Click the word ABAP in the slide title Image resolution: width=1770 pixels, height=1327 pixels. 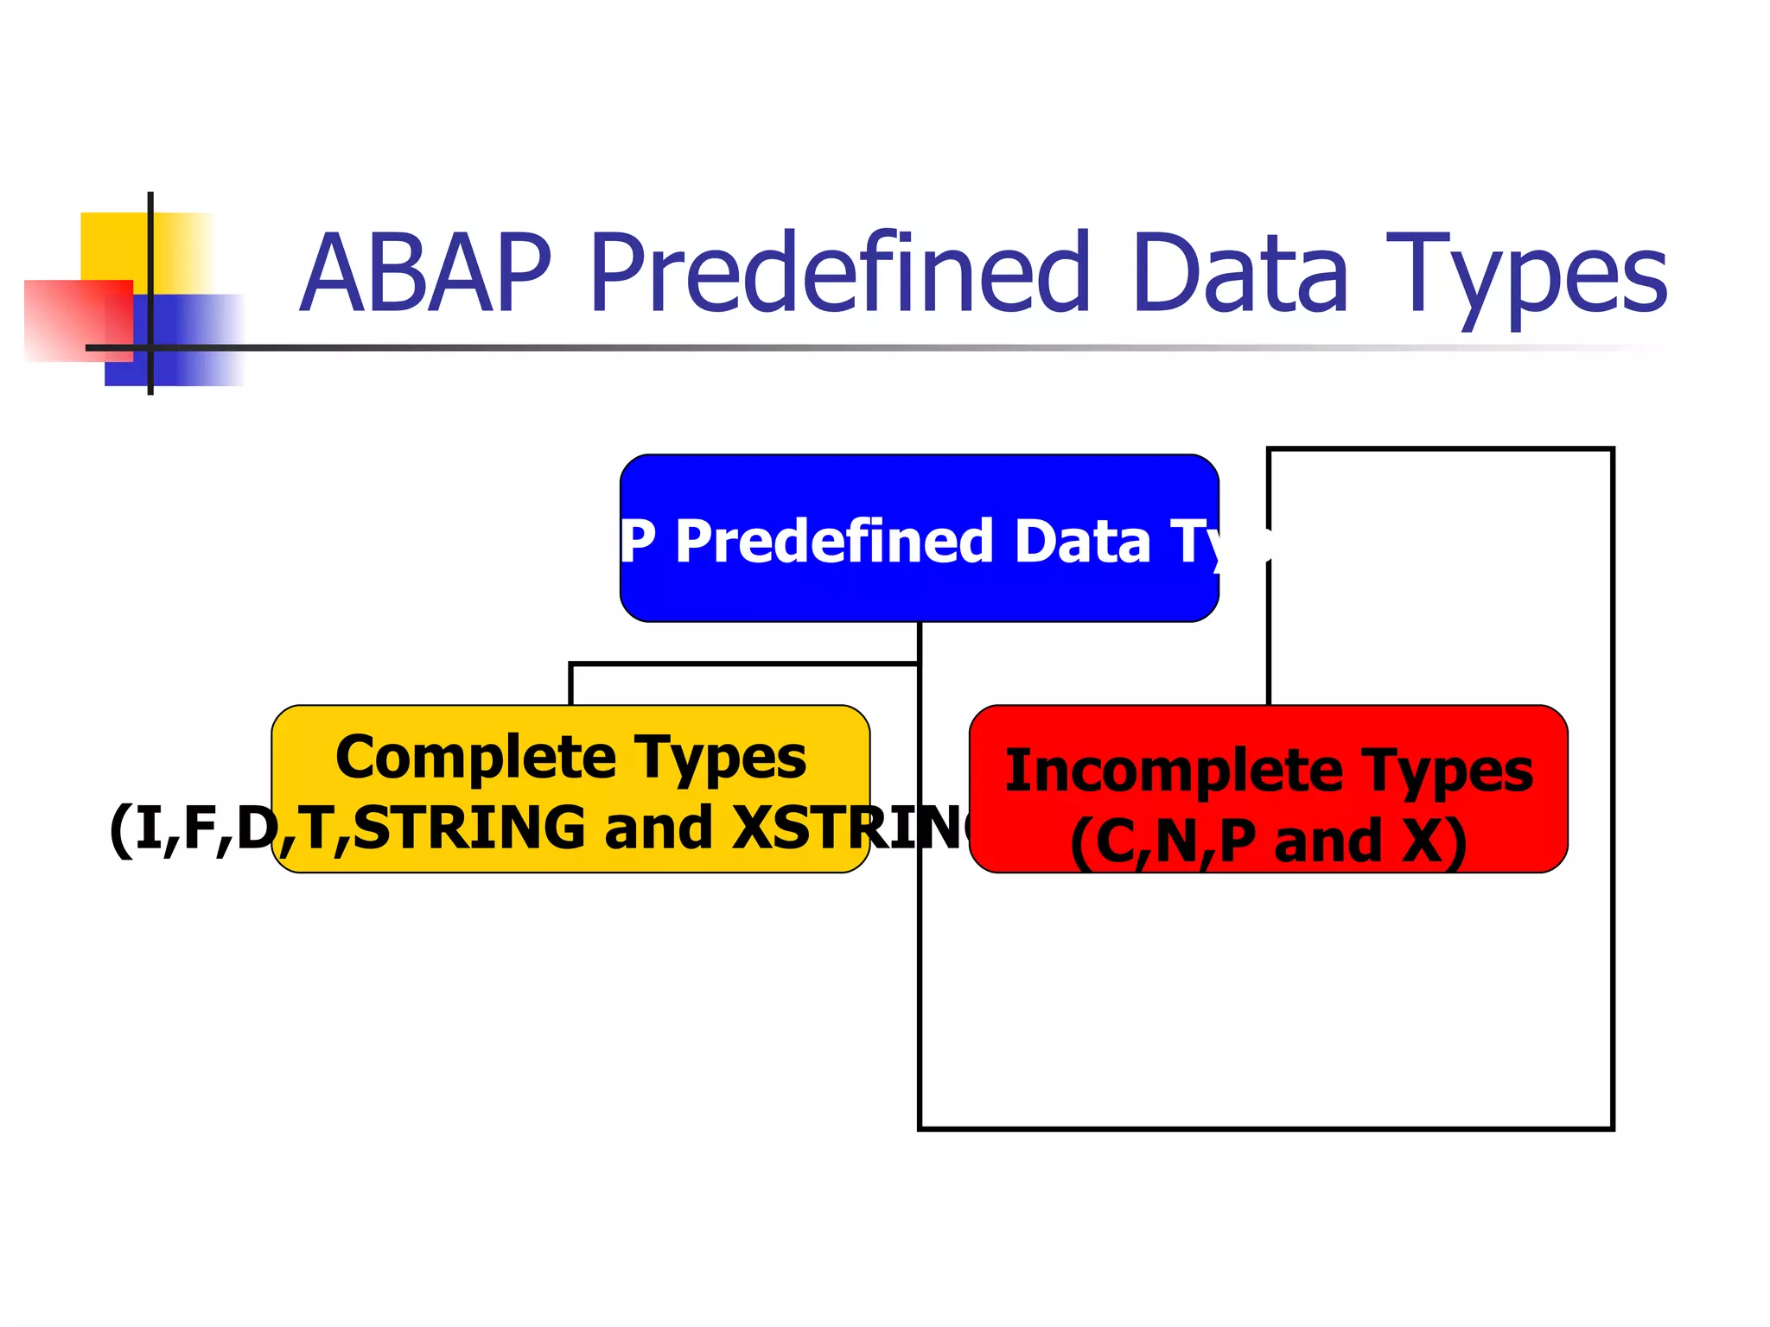(426, 275)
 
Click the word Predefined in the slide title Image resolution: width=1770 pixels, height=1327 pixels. (838, 275)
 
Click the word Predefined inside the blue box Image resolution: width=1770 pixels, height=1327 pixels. (834, 542)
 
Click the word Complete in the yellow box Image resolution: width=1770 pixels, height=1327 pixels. (474, 758)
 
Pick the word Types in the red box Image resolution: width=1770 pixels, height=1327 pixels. (1447, 772)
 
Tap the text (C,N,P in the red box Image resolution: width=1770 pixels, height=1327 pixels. (1162, 841)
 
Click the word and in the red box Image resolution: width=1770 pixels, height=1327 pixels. (1328, 841)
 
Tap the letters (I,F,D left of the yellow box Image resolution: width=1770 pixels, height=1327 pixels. (190, 828)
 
